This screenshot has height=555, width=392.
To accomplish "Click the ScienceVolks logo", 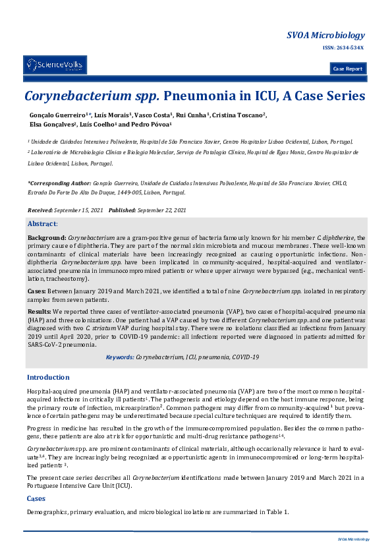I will point(55,65).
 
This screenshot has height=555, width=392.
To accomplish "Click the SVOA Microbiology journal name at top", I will point(325,35).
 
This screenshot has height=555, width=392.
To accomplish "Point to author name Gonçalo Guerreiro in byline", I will point(55,115).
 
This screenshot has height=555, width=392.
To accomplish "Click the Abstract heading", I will point(42,224).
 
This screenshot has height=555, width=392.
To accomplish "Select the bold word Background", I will point(46,237).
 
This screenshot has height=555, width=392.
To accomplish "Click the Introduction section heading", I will point(48,377).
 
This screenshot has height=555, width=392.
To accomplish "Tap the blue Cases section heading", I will point(36,499).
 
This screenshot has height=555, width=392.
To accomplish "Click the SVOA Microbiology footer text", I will point(354,539).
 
